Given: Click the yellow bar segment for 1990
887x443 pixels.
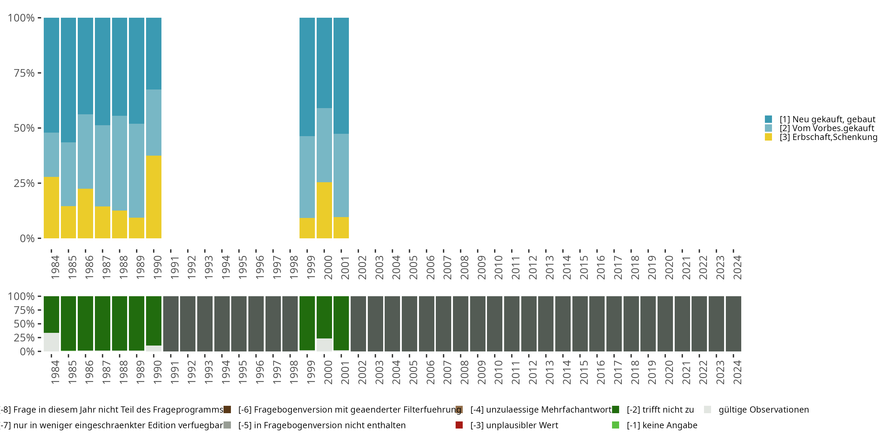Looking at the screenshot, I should pyautogui.click(x=153, y=197).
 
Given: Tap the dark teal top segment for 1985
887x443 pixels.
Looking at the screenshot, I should pyautogui.click(x=68, y=80).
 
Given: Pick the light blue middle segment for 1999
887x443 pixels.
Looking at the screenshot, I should pyautogui.click(x=307, y=177).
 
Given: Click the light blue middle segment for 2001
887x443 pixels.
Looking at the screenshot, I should pyautogui.click(x=341, y=175).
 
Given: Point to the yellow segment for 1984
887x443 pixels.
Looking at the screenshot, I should pyautogui.click(x=51, y=207).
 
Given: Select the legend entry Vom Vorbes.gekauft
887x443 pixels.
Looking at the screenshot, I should pyautogui.click(x=826, y=128).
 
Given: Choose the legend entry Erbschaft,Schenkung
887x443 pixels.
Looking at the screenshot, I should pyautogui.click(x=828, y=137).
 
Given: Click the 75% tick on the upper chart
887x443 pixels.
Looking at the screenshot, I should pyautogui.click(x=24, y=73).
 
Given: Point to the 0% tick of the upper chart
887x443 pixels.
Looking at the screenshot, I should pyautogui.click(x=27, y=238).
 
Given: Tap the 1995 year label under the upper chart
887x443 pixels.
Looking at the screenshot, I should pyautogui.click(x=242, y=267).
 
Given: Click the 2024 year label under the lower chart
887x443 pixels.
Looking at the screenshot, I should pyautogui.click(x=737, y=372).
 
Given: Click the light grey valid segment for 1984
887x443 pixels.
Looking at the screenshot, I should pyautogui.click(x=51, y=342).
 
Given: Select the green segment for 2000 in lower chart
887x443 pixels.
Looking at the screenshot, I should pyautogui.click(x=324, y=317).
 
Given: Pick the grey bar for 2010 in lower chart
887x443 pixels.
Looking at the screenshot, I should pyautogui.click(x=494, y=324).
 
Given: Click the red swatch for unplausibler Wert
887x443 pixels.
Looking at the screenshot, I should pyautogui.click(x=459, y=425).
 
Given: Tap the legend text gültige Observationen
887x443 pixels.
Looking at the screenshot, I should pyautogui.click(x=763, y=410).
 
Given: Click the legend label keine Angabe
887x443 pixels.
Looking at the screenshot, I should pyautogui.click(x=662, y=425).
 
